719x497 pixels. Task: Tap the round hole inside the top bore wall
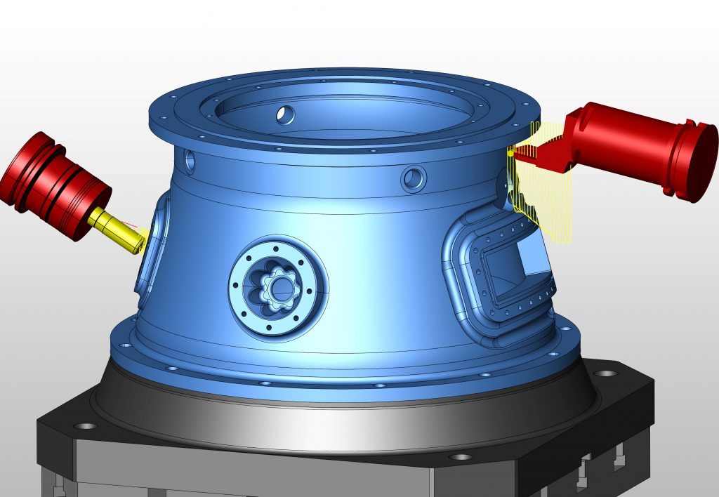click(x=286, y=114)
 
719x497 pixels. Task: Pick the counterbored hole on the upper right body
click(x=414, y=179)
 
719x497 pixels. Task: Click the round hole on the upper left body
click(x=189, y=161)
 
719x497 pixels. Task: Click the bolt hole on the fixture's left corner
click(x=86, y=426)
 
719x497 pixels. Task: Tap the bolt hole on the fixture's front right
click(x=461, y=457)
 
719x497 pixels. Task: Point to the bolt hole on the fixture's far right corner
click(x=604, y=373)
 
